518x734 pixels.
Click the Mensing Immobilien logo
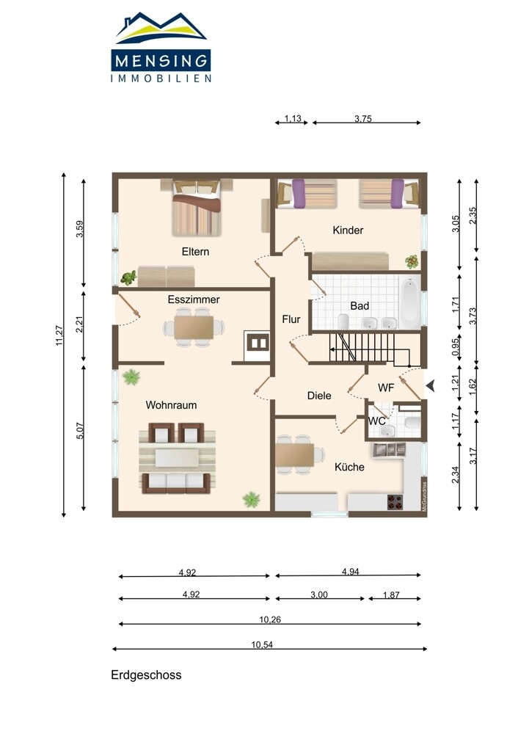(x=161, y=47)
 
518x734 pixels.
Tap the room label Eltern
(x=195, y=251)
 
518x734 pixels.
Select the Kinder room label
(x=348, y=230)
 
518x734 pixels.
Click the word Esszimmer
(x=194, y=299)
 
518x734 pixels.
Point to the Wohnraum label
(x=171, y=405)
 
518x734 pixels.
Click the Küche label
(x=349, y=467)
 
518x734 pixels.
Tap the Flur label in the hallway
(x=291, y=319)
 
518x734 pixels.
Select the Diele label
(x=319, y=396)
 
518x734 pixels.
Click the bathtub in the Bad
(x=410, y=302)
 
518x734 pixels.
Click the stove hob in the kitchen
(x=395, y=502)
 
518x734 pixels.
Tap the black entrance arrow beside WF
(x=431, y=386)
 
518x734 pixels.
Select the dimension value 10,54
(x=262, y=644)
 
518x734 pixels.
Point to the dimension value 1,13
(x=293, y=118)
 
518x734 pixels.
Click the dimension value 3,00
(x=319, y=595)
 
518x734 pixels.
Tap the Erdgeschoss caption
(x=146, y=675)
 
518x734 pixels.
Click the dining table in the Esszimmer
(x=194, y=327)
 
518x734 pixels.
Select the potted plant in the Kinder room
(x=412, y=261)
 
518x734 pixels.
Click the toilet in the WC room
(x=412, y=424)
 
